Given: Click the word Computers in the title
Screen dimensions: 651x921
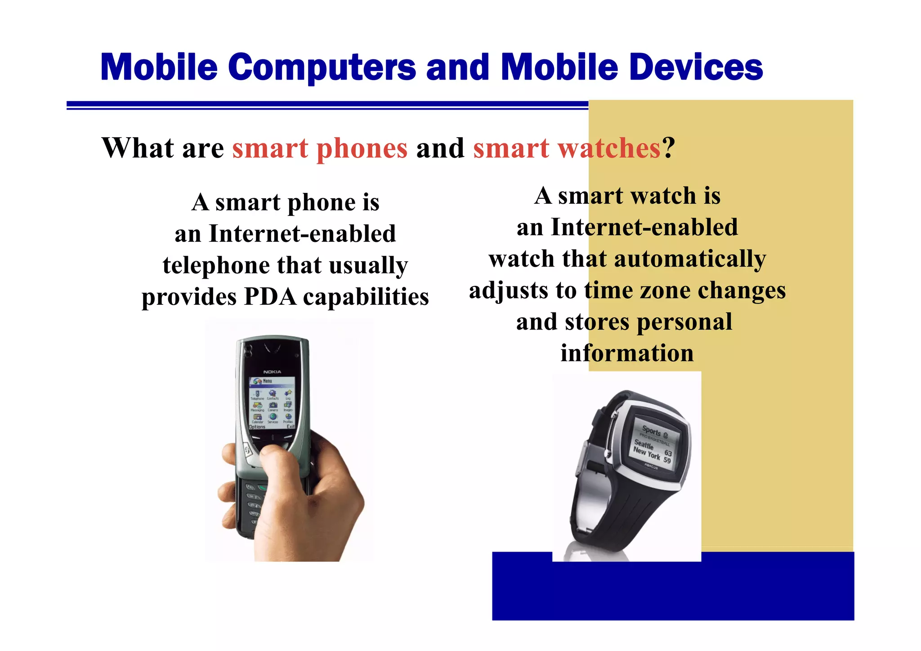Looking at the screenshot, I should click(x=322, y=67).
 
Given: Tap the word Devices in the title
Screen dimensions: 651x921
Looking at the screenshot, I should click(x=696, y=67).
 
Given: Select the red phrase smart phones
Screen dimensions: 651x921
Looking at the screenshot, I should click(x=320, y=148).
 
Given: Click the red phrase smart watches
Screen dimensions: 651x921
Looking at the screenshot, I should click(x=567, y=148).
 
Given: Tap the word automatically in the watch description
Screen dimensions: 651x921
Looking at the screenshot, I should click(x=690, y=259).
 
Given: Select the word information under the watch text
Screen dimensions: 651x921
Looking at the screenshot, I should click(x=627, y=353).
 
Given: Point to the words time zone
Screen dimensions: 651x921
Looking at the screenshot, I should click(x=638, y=290).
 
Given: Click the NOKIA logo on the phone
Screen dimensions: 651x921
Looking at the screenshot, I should click(x=272, y=372).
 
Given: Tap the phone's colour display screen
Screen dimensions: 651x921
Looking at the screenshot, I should click(x=272, y=403).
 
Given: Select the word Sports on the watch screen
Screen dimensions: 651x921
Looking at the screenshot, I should click(x=651, y=431).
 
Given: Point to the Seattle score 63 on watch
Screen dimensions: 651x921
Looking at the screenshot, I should click(x=668, y=453).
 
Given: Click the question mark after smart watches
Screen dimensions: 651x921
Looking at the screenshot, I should click(x=669, y=148).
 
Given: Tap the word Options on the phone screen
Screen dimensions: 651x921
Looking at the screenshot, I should click(x=257, y=427).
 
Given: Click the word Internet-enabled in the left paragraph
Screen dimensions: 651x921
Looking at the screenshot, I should click(x=302, y=234).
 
